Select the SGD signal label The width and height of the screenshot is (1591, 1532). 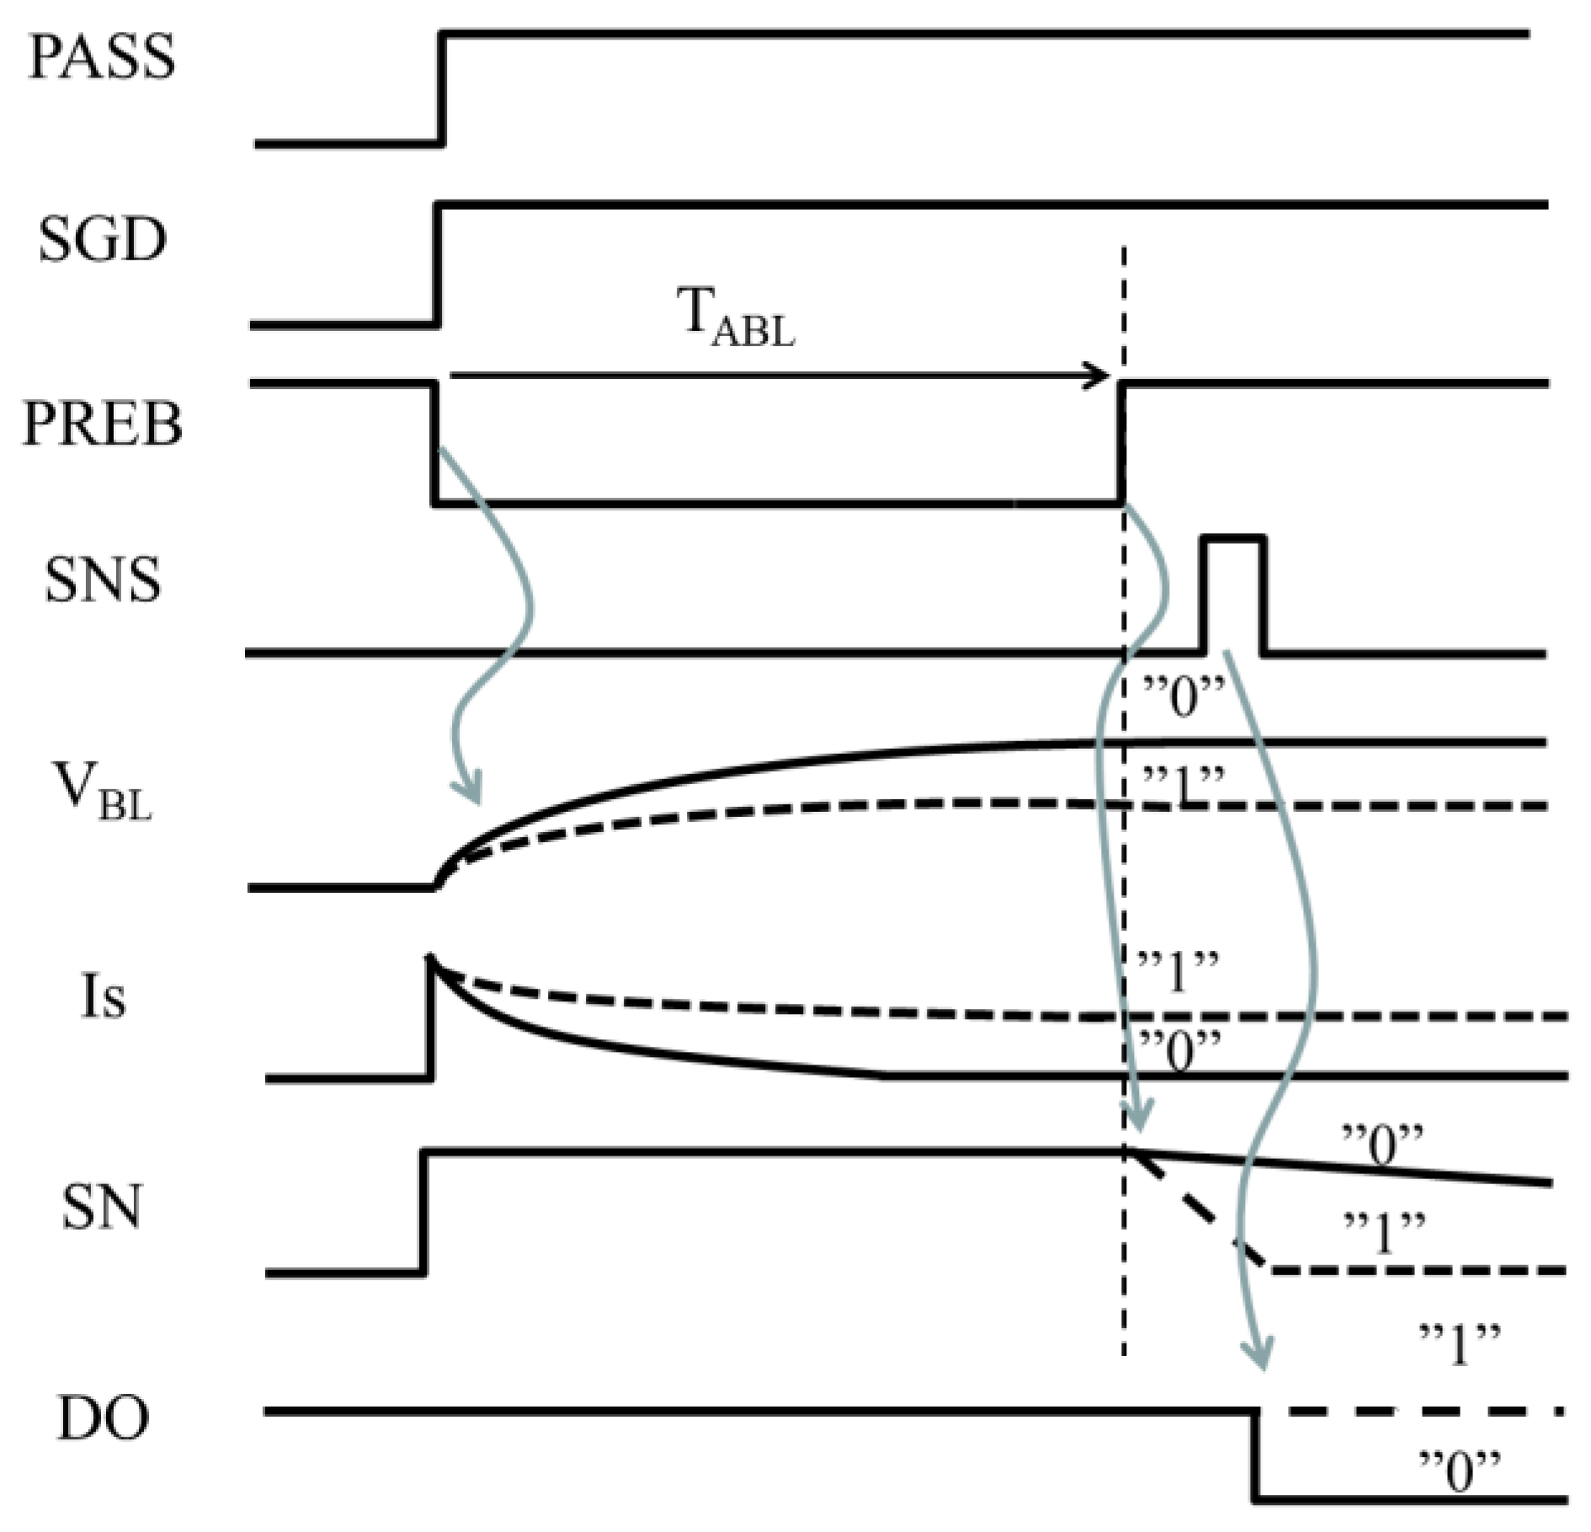pyautogui.click(x=102, y=240)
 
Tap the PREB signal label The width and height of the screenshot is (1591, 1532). pyautogui.click(x=102, y=423)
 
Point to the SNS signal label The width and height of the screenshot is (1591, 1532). pyautogui.click(x=102, y=581)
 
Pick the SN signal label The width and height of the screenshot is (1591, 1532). pyautogui.click(x=101, y=1206)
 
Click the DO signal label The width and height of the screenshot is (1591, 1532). pyautogui.click(x=102, y=1417)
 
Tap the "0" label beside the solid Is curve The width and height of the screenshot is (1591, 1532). pyautogui.click(x=1179, y=1053)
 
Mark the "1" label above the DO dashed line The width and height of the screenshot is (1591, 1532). pyautogui.click(x=1460, y=1344)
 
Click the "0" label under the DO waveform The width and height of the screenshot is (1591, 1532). pyautogui.click(x=1460, y=1472)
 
